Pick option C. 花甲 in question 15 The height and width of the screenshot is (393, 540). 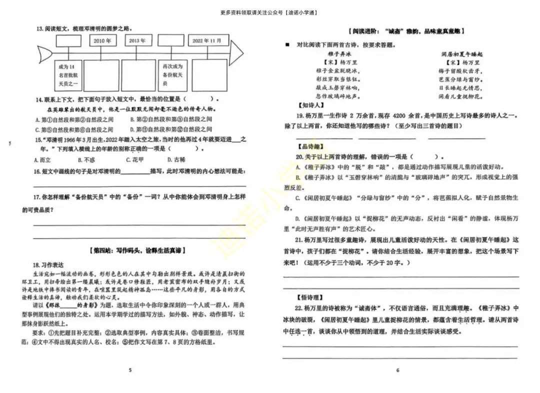pyautogui.click(x=134, y=160)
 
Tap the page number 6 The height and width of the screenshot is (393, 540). pyautogui.click(x=398, y=370)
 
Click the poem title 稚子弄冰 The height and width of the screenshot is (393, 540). pyautogui.click(x=339, y=53)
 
